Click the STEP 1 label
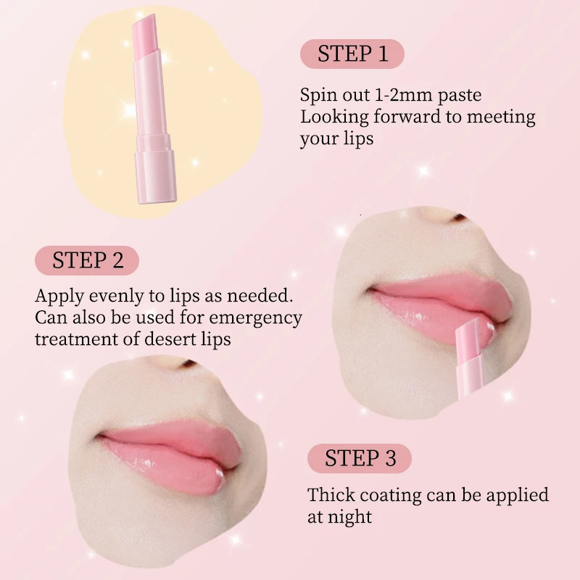352,54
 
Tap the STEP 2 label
87,260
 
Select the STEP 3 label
360,458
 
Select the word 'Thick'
331,495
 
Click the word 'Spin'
317,96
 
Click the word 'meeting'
500,117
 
